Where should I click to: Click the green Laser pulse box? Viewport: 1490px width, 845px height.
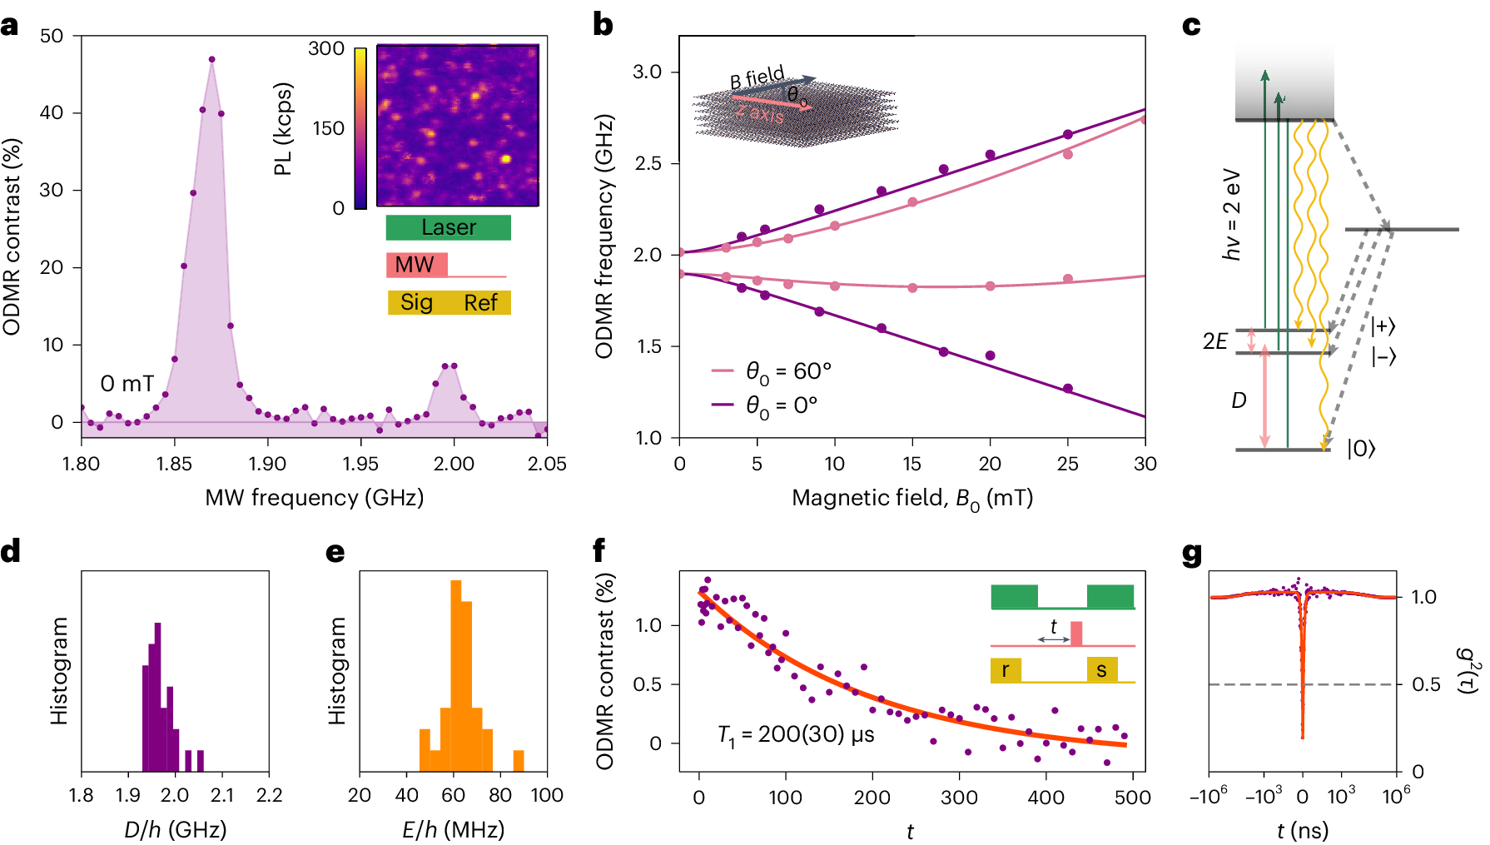click(x=448, y=227)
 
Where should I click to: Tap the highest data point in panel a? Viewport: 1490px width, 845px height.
click(x=211, y=59)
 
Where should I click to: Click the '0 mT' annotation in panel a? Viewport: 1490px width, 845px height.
click(x=127, y=384)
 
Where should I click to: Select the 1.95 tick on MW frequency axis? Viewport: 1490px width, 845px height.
click(x=360, y=464)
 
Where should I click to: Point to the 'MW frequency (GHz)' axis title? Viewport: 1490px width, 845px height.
click(x=314, y=498)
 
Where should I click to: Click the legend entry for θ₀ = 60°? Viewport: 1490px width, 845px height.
click(x=772, y=370)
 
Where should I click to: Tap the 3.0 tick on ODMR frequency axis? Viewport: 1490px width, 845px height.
click(x=647, y=72)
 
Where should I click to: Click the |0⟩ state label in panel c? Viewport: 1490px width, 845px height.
click(x=1361, y=450)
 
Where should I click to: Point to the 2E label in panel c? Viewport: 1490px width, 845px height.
click(x=1214, y=341)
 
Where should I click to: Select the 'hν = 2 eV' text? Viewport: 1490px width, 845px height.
click(x=1231, y=216)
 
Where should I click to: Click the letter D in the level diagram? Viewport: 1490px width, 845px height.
click(x=1239, y=401)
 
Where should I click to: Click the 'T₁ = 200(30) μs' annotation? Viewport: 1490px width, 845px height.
click(x=796, y=735)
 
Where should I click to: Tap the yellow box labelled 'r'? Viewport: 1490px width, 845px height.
click(x=1006, y=669)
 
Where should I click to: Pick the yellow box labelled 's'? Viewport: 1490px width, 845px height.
click(x=1102, y=669)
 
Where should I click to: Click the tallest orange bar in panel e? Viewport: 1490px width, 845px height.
click(x=455, y=675)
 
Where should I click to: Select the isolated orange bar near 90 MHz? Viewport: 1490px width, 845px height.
click(x=519, y=761)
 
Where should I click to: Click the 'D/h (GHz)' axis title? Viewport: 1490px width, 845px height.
click(x=175, y=830)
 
